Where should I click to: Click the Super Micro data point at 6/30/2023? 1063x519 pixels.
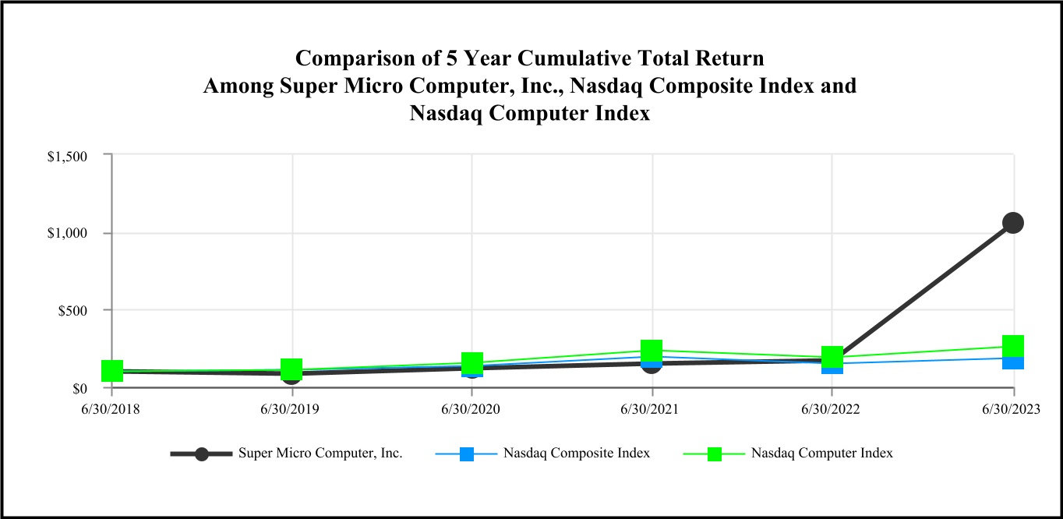[x=1013, y=223]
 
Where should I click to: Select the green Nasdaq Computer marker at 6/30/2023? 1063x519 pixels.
[x=1013, y=346]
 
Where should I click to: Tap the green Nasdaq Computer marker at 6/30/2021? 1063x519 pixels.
[x=652, y=350]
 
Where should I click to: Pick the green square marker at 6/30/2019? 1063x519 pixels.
[x=291, y=369]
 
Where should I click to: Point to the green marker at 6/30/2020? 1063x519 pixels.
[x=472, y=362]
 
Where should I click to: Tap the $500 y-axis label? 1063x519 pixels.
[x=71, y=311]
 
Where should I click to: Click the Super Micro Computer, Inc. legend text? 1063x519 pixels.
[x=320, y=453]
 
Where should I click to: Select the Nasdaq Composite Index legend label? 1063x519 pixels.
[x=577, y=453]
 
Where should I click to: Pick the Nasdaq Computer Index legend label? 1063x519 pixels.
[x=822, y=453]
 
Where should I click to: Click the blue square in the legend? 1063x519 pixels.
[x=467, y=454]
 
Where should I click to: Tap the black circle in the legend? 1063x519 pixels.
[x=202, y=454]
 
